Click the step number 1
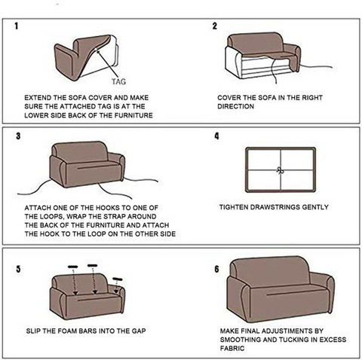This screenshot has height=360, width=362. click(17, 26)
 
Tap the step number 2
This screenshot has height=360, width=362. click(214, 26)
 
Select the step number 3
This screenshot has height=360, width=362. click(18, 136)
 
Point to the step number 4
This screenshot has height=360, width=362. click(216, 136)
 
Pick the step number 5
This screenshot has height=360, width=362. click(18, 269)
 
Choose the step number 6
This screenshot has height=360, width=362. click(216, 269)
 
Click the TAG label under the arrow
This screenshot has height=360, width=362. click(118, 81)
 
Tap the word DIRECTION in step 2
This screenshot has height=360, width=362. click(236, 106)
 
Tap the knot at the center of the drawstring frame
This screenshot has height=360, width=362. click(281, 171)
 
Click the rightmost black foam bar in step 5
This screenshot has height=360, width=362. click(118, 279)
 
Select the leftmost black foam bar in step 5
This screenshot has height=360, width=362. click(72, 267)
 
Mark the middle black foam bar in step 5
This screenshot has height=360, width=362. click(92, 265)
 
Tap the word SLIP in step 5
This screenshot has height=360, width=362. click(33, 331)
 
